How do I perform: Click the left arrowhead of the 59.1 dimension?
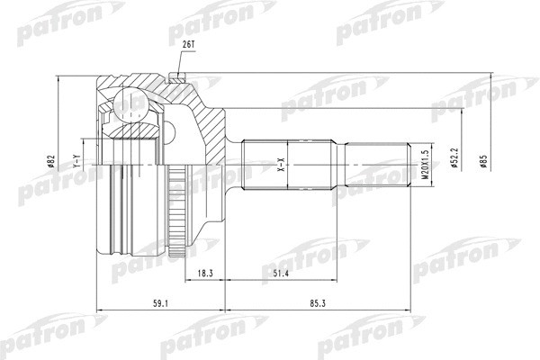click(97, 310)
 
